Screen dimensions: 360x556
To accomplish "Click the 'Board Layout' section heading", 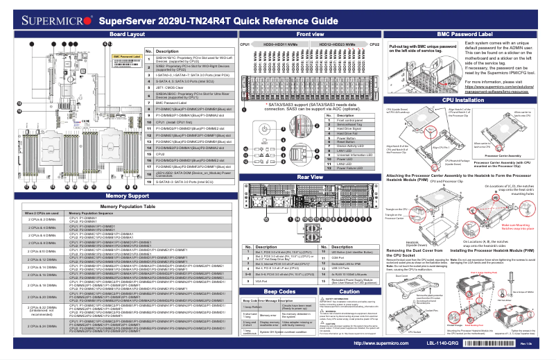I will [x=117, y=34].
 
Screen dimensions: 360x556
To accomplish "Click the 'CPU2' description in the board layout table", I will [x=159, y=126].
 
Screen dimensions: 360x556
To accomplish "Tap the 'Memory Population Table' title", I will [x=117, y=207].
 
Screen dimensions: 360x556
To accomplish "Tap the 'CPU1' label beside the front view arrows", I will [x=243, y=43].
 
